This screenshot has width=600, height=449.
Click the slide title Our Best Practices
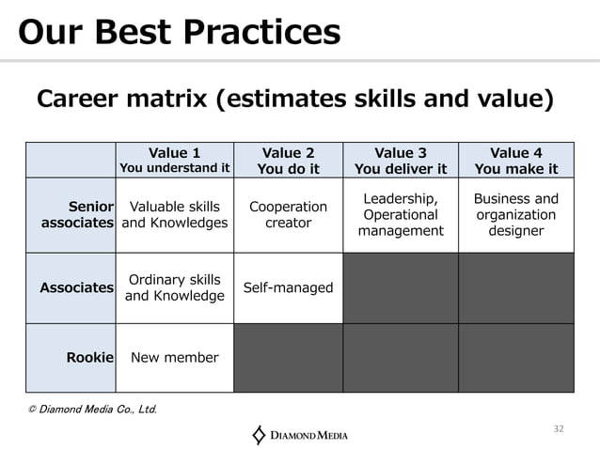pos(180,33)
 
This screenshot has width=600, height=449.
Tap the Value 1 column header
pos(175,160)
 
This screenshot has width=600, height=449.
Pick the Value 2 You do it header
pos(288,160)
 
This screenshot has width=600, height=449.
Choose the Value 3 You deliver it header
pos(401,160)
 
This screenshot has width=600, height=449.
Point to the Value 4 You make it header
pos(516,160)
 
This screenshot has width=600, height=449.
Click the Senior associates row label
pos(78,214)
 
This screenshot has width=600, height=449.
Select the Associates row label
pos(77,287)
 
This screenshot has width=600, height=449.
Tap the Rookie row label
pos(90,357)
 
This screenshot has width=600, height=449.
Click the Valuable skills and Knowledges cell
pos(175,214)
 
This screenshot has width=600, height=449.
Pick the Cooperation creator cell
pos(288,214)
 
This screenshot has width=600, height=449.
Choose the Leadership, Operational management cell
pos(401,214)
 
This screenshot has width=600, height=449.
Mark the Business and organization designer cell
pos(516,214)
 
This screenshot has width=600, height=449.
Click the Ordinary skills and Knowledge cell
pos(175,287)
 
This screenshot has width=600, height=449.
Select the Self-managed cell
pos(288,287)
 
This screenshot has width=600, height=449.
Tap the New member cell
pos(175,357)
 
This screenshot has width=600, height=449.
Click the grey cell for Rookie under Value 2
pos(288,357)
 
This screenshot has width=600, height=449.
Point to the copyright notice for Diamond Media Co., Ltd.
pos(92,409)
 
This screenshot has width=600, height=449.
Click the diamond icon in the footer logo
pos(260,434)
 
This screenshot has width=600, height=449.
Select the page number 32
pos(558,428)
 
